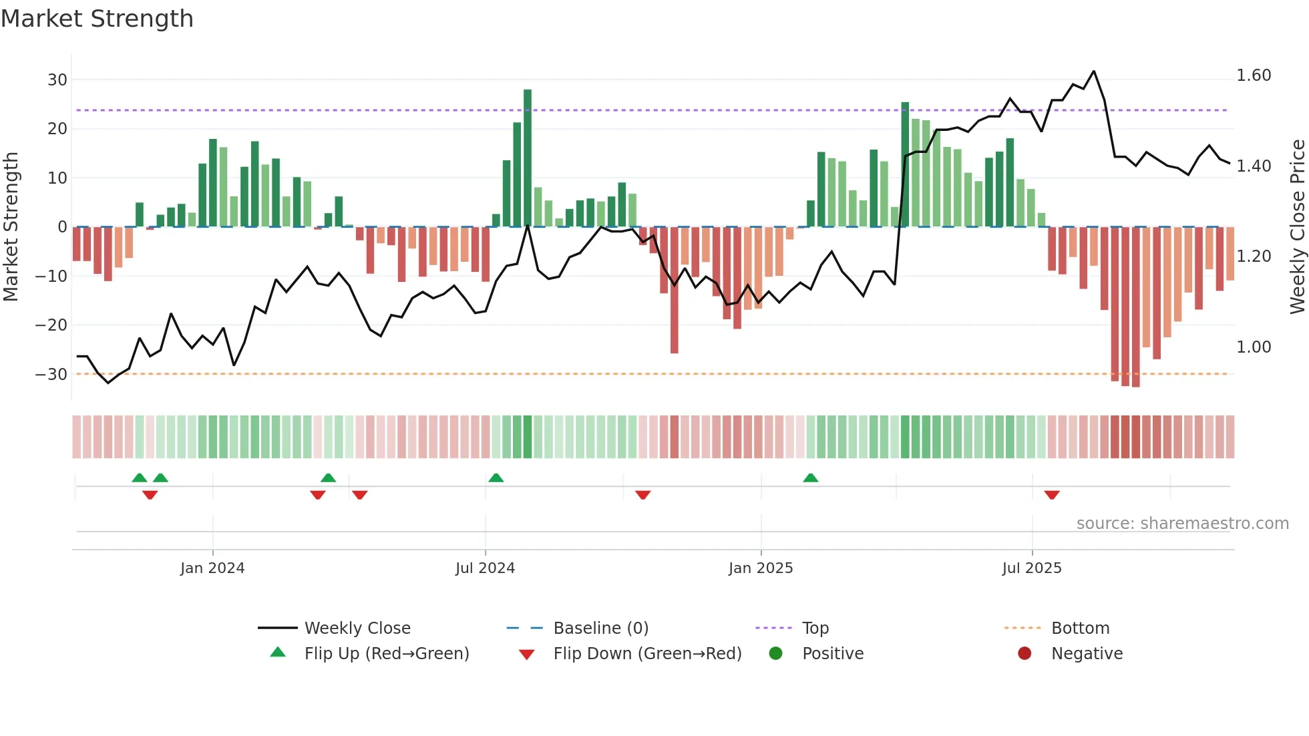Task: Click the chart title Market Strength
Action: click(x=97, y=19)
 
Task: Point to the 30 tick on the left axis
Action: click(x=57, y=80)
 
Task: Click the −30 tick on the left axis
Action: click(x=52, y=375)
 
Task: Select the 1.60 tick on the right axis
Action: click(x=1254, y=75)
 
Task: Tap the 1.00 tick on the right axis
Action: click(x=1254, y=347)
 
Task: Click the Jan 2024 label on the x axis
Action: click(x=212, y=568)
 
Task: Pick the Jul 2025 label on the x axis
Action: click(x=1032, y=568)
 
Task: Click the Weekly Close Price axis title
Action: click(x=1297, y=226)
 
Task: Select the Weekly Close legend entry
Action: click(x=357, y=628)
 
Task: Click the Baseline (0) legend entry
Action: click(x=600, y=628)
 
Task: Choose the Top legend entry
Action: click(x=815, y=628)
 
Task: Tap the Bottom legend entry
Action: click(x=1080, y=628)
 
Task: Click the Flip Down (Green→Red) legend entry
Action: click(x=647, y=654)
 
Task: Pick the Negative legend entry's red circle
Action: click(x=1024, y=654)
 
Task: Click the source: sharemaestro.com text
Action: click(x=1182, y=524)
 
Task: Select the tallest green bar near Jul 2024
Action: click(x=528, y=158)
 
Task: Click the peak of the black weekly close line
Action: click(x=1093, y=71)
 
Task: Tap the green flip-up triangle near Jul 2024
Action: click(x=496, y=478)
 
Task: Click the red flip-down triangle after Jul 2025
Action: click(x=1052, y=495)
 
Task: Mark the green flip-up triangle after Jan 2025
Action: click(x=810, y=478)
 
